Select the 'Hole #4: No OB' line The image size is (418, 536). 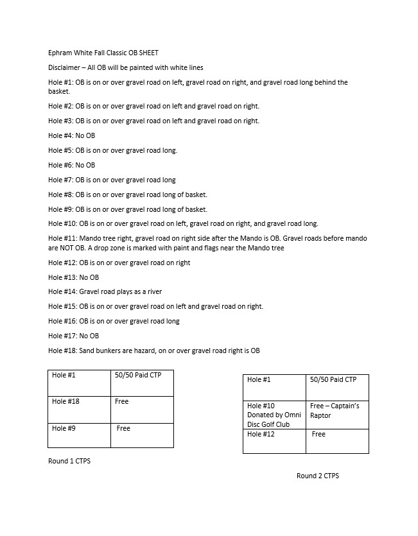[72, 135]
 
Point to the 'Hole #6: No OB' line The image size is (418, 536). [72, 165]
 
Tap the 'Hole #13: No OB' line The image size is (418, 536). [74, 277]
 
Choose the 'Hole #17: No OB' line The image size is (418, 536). [74, 336]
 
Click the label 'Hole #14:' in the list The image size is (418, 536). [62, 291]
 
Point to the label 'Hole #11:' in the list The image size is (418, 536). [62, 238]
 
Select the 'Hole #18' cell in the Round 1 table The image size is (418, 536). [79, 409]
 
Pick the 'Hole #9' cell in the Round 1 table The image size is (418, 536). [79, 435]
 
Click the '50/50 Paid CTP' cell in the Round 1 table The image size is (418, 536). [142, 383]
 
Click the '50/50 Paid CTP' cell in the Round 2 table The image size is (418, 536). [337, 387]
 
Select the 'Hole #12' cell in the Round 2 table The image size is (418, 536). [275, 441]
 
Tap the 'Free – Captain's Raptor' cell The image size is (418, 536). [337, 414]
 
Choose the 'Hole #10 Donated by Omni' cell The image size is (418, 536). [275, 414]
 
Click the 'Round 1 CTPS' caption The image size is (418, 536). [69, 461]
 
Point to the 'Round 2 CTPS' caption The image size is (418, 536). [317, 476]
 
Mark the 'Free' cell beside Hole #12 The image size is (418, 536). [337, 441]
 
